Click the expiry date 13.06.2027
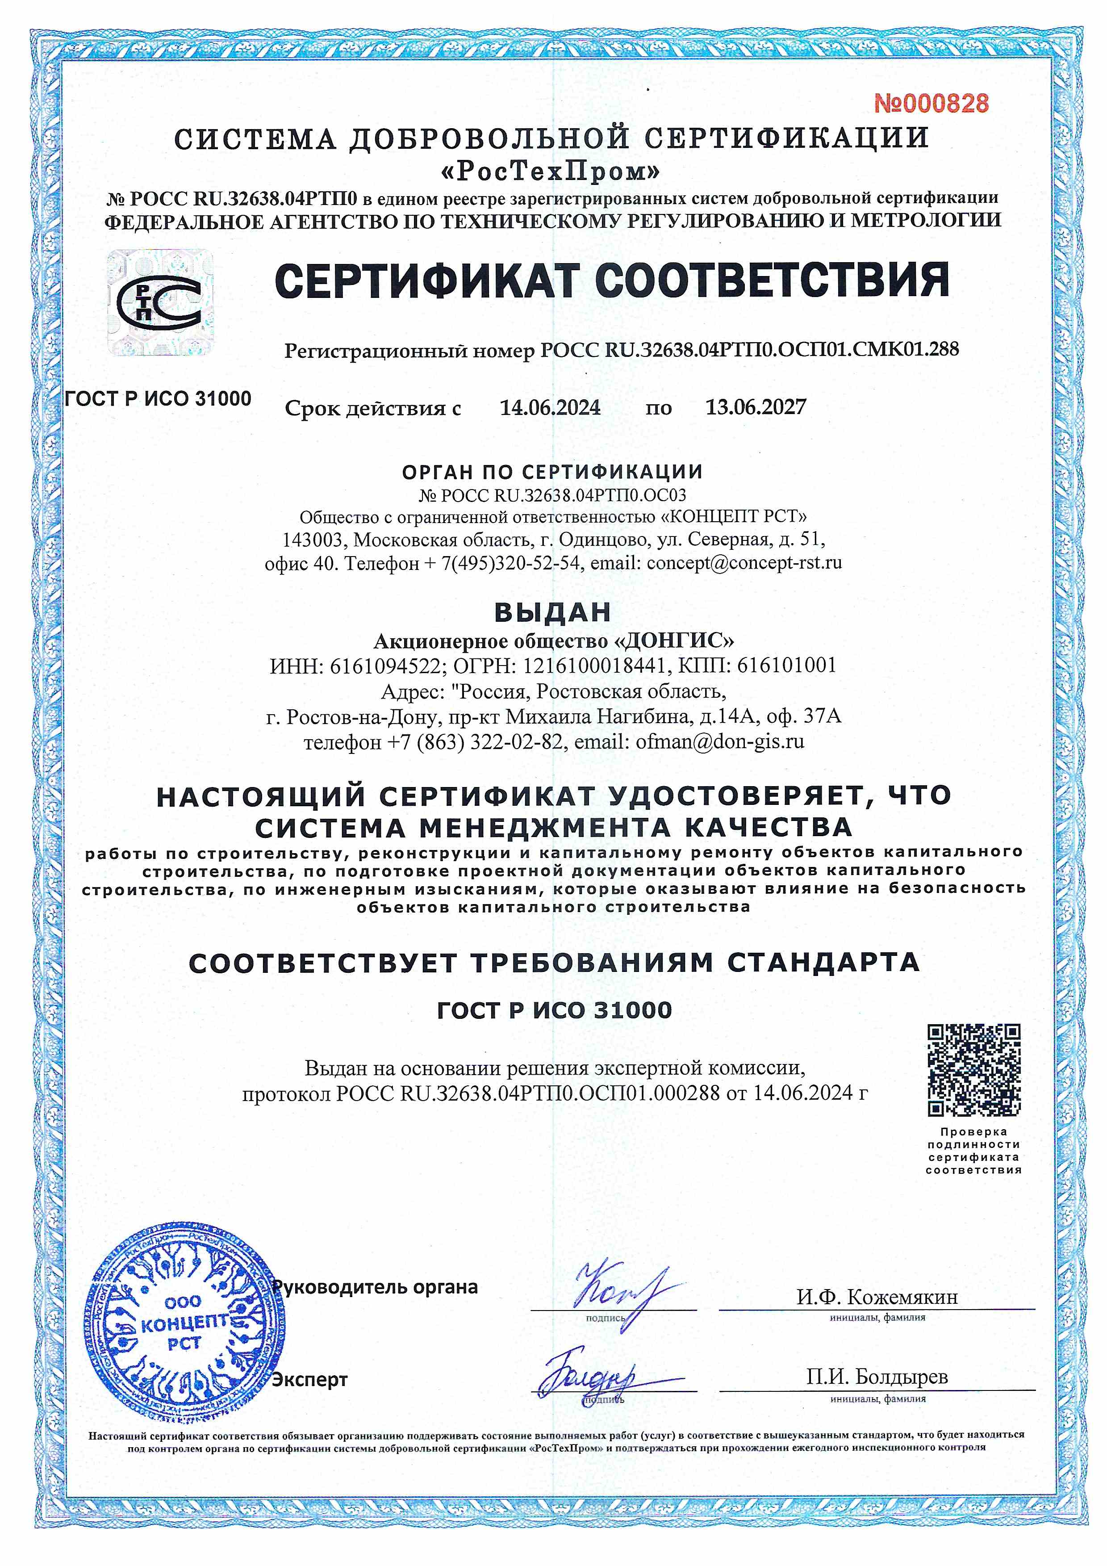[x=755, y=408]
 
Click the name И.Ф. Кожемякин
[x=877, y=1297]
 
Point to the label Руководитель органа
[x=376, y=1287]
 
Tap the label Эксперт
[x=310, y=1379]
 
